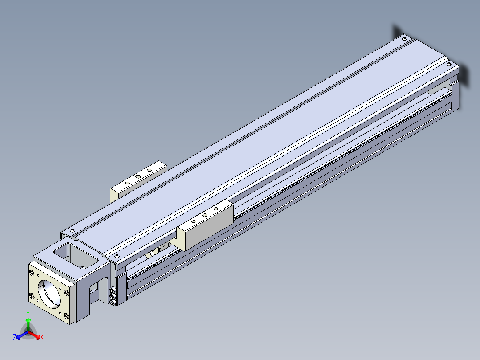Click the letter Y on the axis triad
pyautogui.click(x=28, y=313)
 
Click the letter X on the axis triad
pyautogui.click(x=42, y=337)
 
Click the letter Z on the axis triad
pyautogui.click(x=15, y=337)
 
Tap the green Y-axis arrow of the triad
pyautogui.click(x=28, y=324)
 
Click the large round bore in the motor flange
pyautogui.click(x=49, y=292)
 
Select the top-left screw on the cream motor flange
pyautogui.click(x=32, y=272)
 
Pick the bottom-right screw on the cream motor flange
pyautogui.click(x=66, y=315)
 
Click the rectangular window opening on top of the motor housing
pyautogui.click(x=75, y=256)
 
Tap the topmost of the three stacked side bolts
pyautogui.click(x=112, y=290)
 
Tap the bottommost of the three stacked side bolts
pyautogui.click(x=112, y=303)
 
